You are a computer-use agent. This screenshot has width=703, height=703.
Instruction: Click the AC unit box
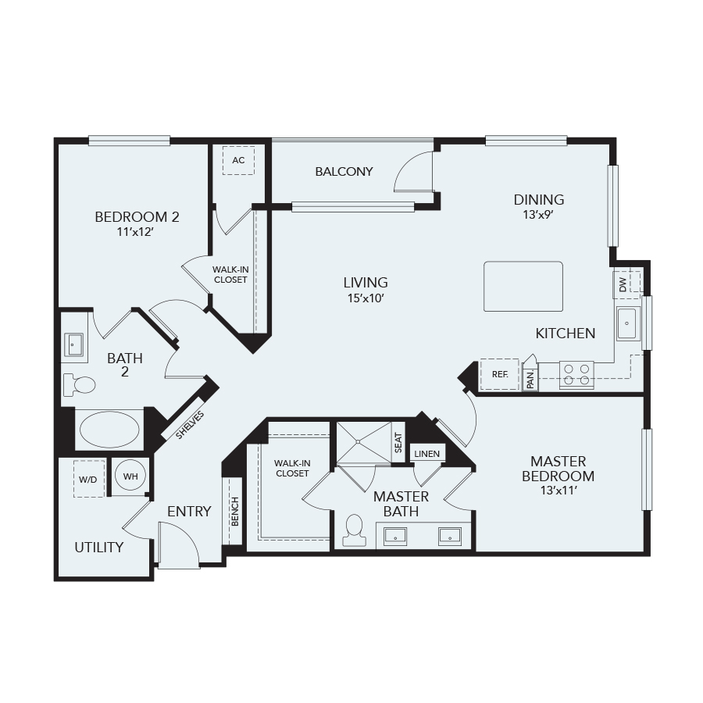coord(238,160)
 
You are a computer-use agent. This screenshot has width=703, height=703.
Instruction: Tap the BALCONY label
coord(344,171)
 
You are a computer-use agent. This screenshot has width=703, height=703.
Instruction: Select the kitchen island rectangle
coord(523,286)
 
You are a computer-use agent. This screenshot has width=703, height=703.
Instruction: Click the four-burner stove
coord(576,375)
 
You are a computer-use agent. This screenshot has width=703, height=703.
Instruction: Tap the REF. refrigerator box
coord(499,374)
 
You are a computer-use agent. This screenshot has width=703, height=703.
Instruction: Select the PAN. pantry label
coord(530,380)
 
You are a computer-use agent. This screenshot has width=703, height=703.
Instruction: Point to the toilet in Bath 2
coord(80,384)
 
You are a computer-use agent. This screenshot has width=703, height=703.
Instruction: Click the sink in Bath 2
coord(73,344)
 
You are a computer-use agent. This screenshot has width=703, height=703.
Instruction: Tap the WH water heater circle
coord(130,476)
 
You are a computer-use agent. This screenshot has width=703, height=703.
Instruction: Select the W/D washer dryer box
coord(89,479)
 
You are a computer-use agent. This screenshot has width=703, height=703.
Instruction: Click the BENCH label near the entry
coord(235,512)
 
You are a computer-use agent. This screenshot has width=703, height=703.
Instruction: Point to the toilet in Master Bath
coord(354,530)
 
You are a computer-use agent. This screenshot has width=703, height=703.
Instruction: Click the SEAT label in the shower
coord(398,443)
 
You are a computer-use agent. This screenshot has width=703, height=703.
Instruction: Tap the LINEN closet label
coord(426,454)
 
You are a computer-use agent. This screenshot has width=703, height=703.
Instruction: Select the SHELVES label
coord(190,425)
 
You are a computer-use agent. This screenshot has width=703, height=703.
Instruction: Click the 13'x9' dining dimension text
coord(538,215)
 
